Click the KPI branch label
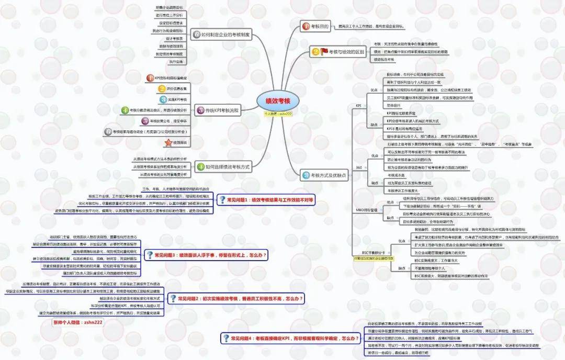coord(358,106)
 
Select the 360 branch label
coord(359,167)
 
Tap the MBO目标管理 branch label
coord(366,210)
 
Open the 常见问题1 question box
coord(267,199)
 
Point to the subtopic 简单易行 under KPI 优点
coord(393,105)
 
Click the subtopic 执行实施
coord(162,62)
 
